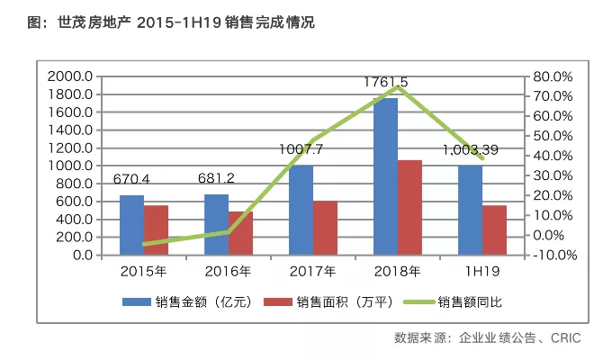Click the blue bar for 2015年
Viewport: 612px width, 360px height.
coord(131,225)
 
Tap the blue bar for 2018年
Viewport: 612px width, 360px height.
coord(385,176)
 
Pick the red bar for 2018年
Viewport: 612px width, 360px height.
coord(409,208)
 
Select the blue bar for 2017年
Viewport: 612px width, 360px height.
coord(301,210)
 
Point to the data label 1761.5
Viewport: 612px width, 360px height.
coord(385,82)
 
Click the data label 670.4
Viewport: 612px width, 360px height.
coord(131,179)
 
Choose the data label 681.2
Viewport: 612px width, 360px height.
coord(217,178)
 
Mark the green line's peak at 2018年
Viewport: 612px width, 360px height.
coord(397,87)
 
